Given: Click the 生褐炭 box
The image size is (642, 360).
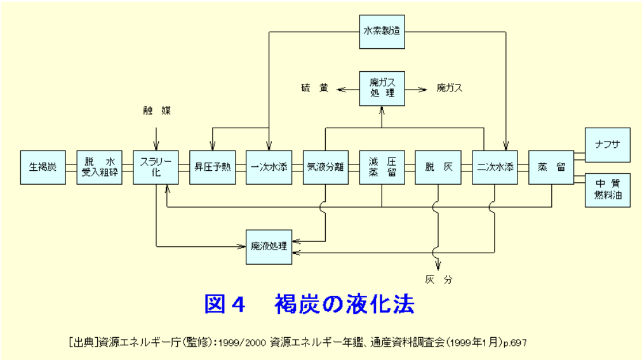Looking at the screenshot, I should point(43,168).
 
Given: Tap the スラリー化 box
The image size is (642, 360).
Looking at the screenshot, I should point(156,168).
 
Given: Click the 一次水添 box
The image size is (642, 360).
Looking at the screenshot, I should point(269,168).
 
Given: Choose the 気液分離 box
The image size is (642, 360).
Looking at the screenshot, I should point(325,168).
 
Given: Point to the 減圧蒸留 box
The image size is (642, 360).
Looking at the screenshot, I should point(382,168).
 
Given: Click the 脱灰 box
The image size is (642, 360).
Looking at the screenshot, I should point(438,168).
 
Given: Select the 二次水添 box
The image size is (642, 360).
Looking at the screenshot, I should point(495,168).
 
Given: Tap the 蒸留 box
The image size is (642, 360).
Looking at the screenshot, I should point(551,168).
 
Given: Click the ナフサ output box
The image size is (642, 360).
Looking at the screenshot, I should point(608,145).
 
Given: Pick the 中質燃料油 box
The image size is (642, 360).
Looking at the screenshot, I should point(608,190).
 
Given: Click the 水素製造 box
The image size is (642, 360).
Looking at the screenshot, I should point(382,32).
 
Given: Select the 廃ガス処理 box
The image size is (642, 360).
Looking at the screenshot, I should point(382,88).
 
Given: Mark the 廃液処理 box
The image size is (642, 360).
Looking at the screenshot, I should point(269,246).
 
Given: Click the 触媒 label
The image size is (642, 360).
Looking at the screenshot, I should point(156,110).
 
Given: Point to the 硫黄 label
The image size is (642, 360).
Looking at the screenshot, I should point(315,88).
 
